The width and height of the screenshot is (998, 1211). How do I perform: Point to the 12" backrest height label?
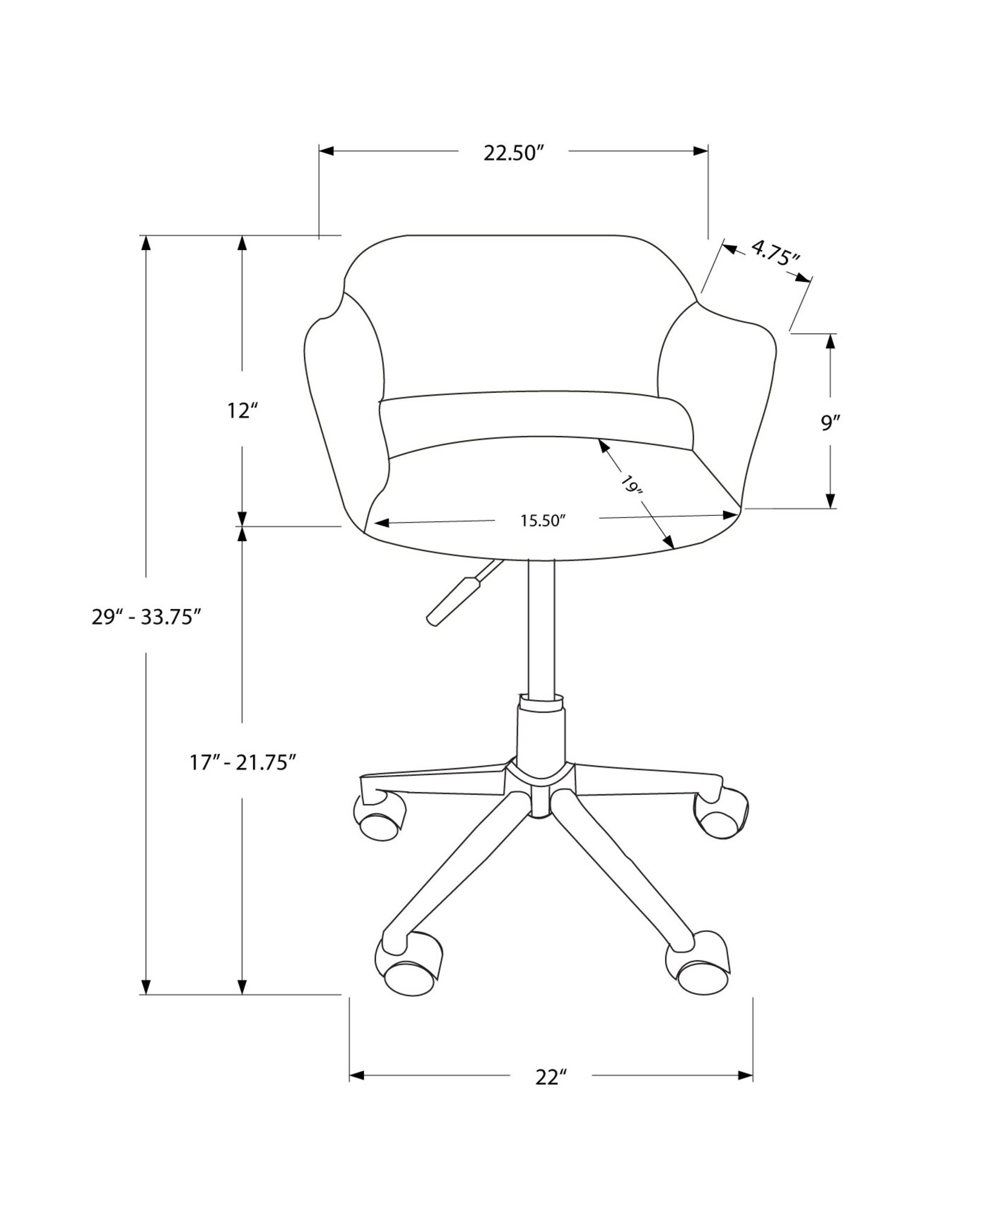tap(243, 411)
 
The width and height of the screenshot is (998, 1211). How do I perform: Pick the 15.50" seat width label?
tap(543, 521)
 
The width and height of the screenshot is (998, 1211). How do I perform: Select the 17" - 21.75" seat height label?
tap(243, 762)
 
